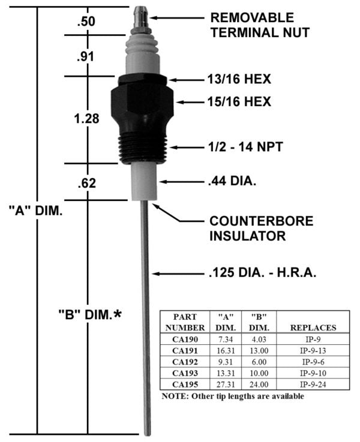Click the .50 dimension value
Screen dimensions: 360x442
click(x=86, y=22)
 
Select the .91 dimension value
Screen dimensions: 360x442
click(x=85, y=56)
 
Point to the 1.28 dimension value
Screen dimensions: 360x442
click(x=86, y=119)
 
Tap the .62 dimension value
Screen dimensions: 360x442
click(x=87, y=184)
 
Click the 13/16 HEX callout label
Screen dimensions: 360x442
click(x=239, y=79)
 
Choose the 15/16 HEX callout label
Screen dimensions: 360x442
click(x=239, y=102)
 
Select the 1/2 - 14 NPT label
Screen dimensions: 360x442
click(x=245, y=147)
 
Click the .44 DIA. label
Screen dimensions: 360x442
click(x=232, y=181)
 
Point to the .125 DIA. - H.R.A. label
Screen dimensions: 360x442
click(x=262, y=273)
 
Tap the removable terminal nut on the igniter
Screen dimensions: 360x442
click(x=141, y=19)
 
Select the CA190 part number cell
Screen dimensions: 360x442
click(x=185, y=339)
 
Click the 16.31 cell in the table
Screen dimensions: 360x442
click(x=226, y=351)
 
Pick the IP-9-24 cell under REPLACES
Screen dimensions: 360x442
click(x=313, y=384)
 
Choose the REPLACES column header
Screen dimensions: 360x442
click(x=313, y=327)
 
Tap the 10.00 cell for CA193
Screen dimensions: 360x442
click(x=259, y=373)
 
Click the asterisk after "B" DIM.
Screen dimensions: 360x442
click(x=118, y=314)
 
